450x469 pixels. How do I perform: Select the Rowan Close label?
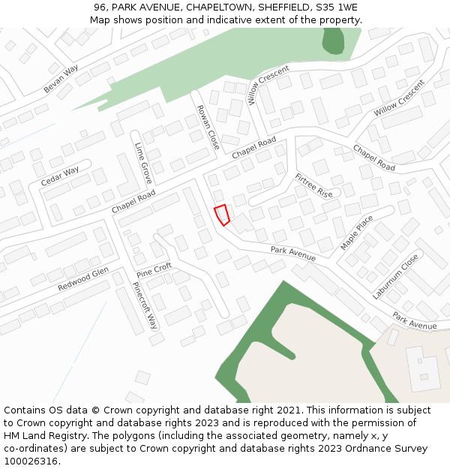pos(208,127)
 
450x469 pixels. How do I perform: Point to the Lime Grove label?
pos(143,163)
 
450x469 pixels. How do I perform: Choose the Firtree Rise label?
pos(313,185)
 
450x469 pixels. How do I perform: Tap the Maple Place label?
pos(356,233)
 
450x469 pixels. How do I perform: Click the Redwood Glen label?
pos(83,278)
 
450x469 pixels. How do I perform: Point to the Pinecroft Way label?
pos(145,305)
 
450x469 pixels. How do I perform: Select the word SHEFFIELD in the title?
pos(283,7)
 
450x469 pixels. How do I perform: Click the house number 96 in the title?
pos(100,7)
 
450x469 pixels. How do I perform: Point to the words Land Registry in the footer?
pos(57,436)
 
